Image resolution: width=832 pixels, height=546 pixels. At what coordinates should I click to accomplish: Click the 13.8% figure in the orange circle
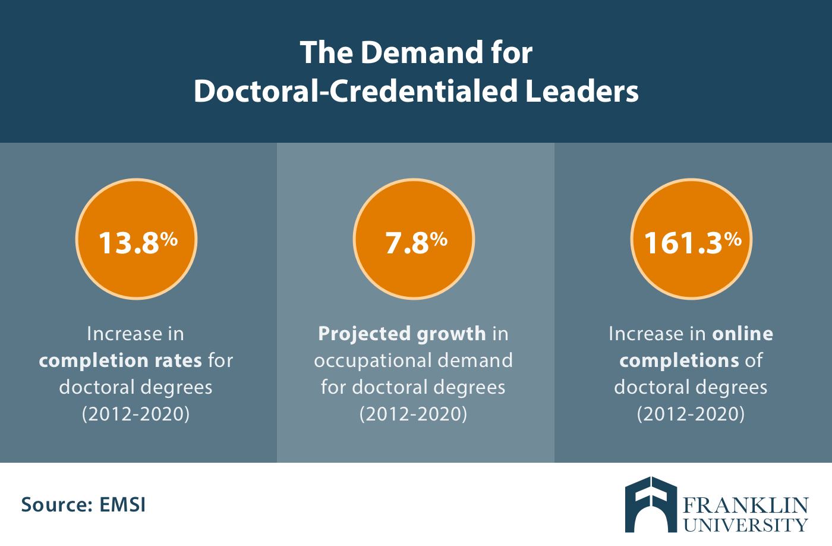click(137, 242)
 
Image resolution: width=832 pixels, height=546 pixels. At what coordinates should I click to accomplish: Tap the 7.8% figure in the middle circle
click(415, 242)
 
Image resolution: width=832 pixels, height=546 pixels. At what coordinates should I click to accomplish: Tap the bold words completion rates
click(121, 360)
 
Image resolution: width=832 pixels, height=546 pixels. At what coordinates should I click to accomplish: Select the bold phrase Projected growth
click(402, 334)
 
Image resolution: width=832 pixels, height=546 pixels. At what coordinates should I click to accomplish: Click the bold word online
click(743, 334)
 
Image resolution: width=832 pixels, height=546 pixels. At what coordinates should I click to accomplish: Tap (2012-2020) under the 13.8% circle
click(136, 413)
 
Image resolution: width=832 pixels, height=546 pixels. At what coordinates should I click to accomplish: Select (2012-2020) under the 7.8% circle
click(414, 413)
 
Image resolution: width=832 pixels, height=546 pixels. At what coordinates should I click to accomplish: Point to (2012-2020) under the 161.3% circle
click(691, 413)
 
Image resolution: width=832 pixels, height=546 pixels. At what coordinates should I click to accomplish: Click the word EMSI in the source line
click(122, 505)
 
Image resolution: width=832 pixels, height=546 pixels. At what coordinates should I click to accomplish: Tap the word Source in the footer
click(56, 505)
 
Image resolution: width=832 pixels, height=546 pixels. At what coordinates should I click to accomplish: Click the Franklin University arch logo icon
click(651, 504)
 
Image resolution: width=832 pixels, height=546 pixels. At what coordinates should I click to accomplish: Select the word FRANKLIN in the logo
click(746, 506)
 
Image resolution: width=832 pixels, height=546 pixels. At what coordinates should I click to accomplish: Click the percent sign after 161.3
click(733, 239)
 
